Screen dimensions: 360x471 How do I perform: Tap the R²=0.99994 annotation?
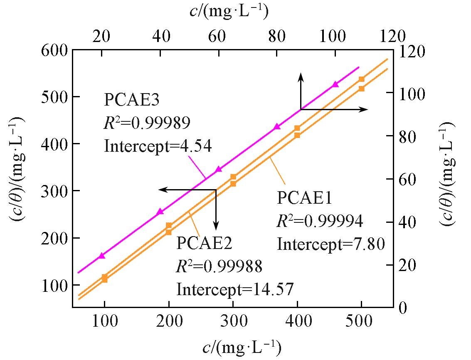point(320,222)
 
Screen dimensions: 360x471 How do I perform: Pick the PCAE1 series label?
point(304,199)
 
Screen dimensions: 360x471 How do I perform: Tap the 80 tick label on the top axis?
point(276,36)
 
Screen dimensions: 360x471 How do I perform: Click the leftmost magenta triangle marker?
point(102,256)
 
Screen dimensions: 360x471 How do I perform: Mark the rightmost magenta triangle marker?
point(335,84)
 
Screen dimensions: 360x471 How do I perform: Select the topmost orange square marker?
point(361,79)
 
